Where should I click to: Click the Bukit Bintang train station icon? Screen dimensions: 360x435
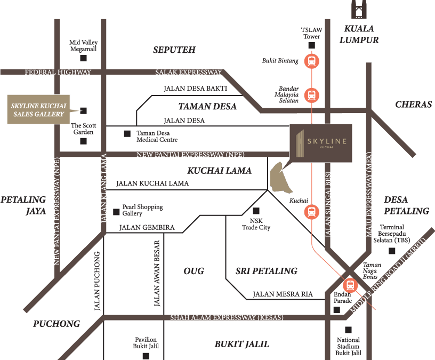coord(311,61)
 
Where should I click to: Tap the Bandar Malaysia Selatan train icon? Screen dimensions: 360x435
coord(311,95)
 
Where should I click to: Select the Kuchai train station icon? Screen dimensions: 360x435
coord(311,212)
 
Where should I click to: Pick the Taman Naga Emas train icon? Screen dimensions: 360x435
coord(350,285)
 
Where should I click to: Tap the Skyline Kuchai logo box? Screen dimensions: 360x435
coord(320,143)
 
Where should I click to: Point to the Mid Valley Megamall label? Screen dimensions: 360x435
coord(84,45)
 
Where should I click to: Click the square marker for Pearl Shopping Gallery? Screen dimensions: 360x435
coord(117,212)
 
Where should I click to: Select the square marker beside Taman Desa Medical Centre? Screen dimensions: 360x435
coord(127,133)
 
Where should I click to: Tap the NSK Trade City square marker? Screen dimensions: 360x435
coord(257,211)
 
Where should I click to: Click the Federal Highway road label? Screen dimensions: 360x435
coord(58,72)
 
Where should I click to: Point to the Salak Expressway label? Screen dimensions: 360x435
coord(188,72)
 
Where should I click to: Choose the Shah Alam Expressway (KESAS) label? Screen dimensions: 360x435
coord(227,317)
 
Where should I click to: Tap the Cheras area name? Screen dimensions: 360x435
coord(413,105)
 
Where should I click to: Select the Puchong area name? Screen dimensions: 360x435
coord(56,324)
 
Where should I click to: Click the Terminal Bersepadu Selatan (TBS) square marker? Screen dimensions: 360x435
coord(392,251)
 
